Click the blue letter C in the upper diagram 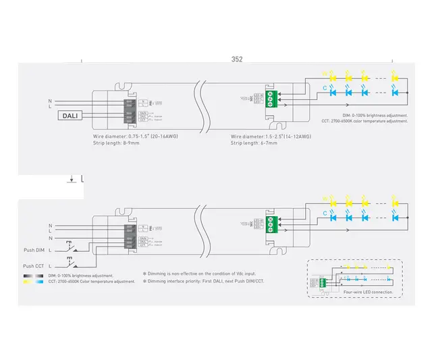coord(325,88)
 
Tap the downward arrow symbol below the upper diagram coord(71,179)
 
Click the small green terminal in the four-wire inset coord(325,280)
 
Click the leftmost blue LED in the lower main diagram coord(332,217)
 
